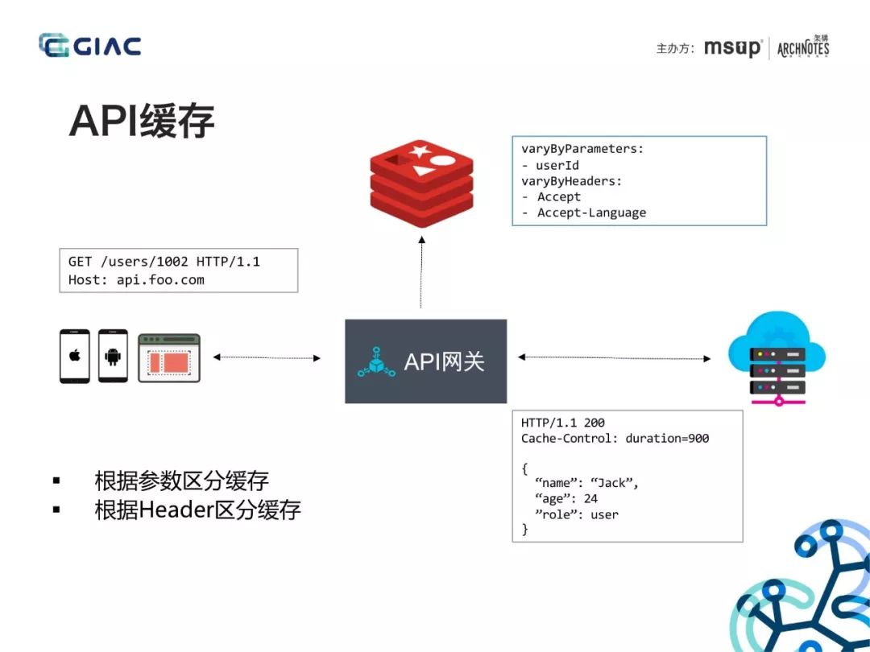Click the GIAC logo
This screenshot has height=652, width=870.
click(x=90, y=45)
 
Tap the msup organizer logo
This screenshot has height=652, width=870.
click(x=733, y=47)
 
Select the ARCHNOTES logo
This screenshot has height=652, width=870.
click(x=803, y=47)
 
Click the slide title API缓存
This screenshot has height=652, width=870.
click(x=142, y=120)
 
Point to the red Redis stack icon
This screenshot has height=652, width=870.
click(x=421, y=184)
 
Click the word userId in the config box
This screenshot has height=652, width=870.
click(x=557, y=165)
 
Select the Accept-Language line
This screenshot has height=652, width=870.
click(x=584, y=213)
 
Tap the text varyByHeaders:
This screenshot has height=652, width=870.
click(x=571, y=181)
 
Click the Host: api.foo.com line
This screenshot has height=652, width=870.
click(x=136, y=279)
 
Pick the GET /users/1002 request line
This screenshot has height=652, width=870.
click(x=164, y=261)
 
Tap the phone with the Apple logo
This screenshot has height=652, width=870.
click(x=74, y=356)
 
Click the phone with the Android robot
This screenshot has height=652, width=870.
click(x=113, y=356)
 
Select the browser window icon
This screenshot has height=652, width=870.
click(x=169, y=357)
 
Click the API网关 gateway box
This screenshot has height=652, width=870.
click(x=425, y=361)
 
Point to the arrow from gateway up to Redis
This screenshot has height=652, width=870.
click(x=421, y=272)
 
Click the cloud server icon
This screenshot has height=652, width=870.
click(x=777, y=357)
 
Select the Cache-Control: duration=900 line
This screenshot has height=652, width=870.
click(x=615, y=438)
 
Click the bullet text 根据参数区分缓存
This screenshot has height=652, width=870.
click(x=181, y=480)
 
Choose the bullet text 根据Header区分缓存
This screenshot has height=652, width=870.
click(x=197, y=510)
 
